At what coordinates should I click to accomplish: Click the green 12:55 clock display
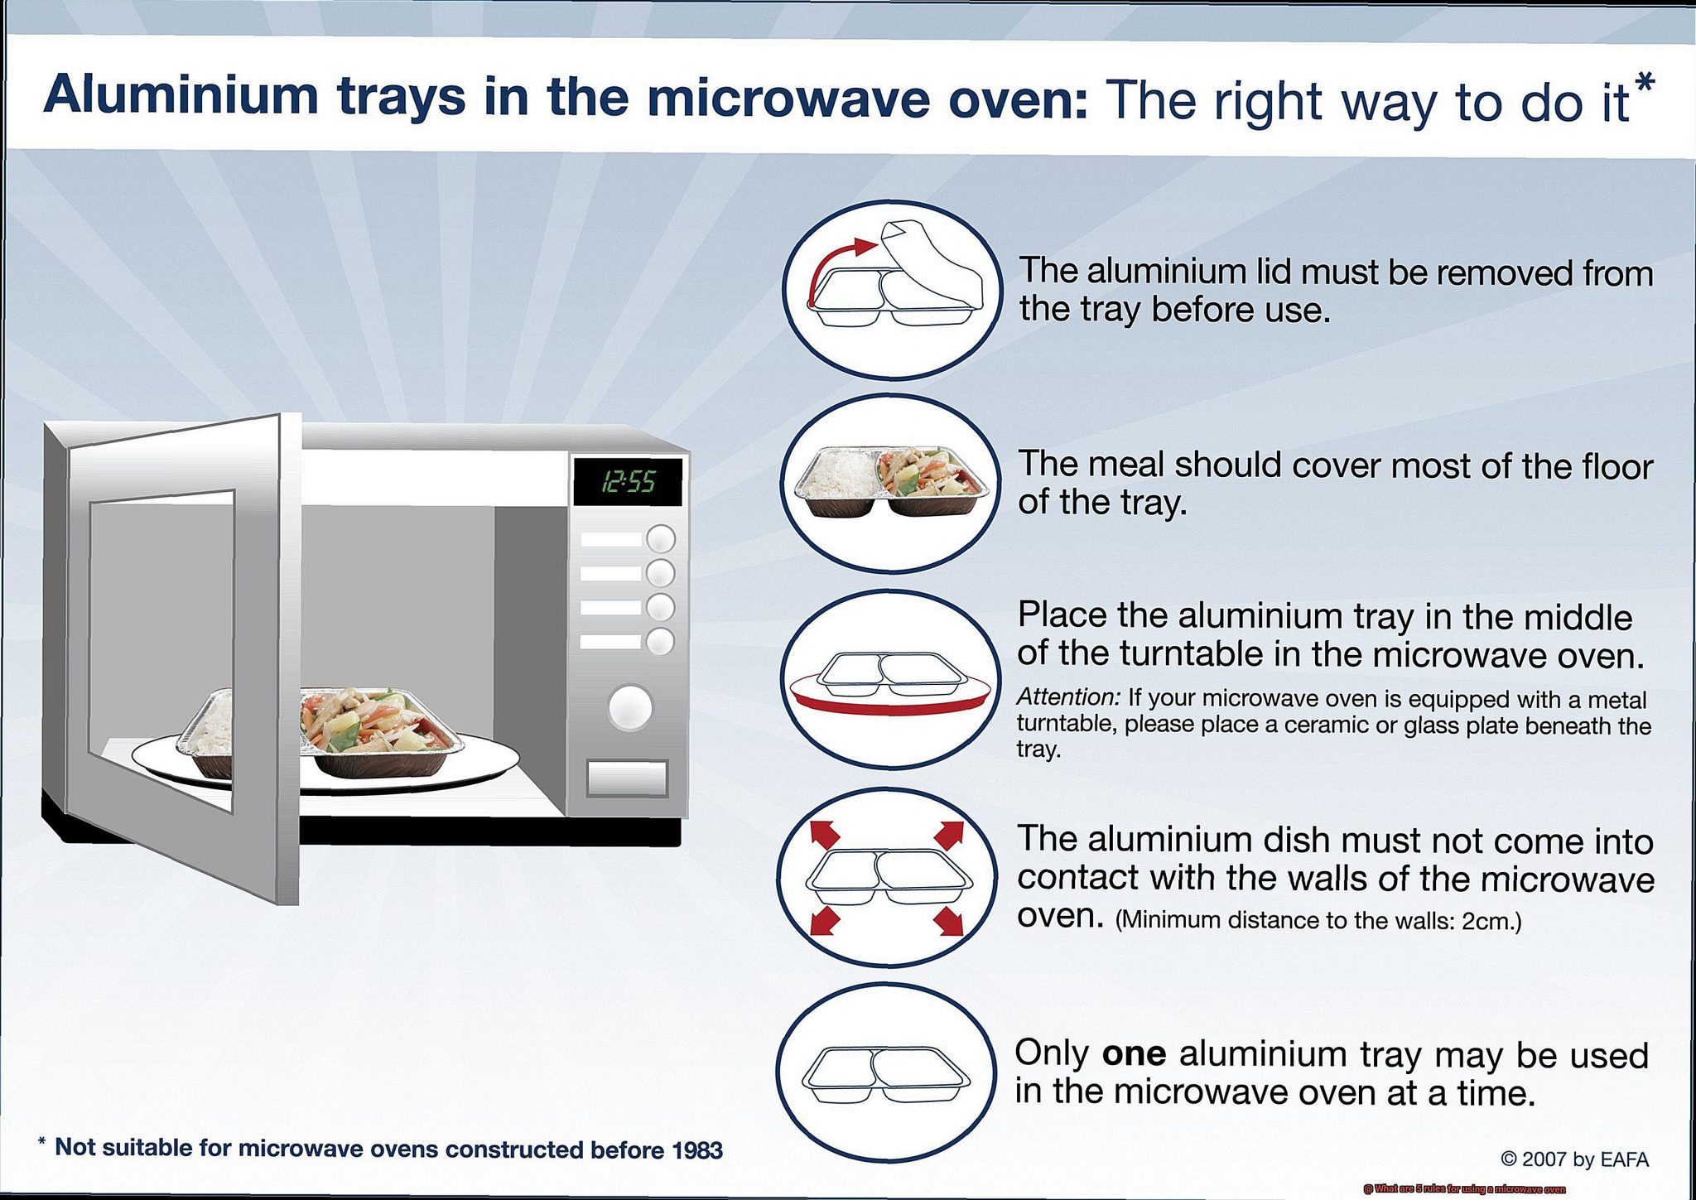(x=628, y=481)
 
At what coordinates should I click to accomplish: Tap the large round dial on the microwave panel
(x=630, y=707)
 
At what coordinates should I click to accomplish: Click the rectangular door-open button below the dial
(x=627, y=778)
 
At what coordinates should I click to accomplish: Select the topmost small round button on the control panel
(x=660, y=539)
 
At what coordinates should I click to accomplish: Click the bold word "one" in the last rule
(x=1134, y=1053)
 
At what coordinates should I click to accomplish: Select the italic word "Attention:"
(x=1067, y=696)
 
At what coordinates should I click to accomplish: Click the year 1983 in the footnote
(x=696, y=1149)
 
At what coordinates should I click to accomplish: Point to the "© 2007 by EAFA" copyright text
(x=1574, y=1159)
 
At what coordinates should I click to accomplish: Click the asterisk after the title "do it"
(x=1645, y=83)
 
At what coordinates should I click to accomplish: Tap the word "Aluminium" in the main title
(x=181, y=96)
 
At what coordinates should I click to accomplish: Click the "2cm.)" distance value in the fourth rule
(x=1491, y=921)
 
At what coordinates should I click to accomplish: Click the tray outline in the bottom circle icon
(x=886, y=1074)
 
